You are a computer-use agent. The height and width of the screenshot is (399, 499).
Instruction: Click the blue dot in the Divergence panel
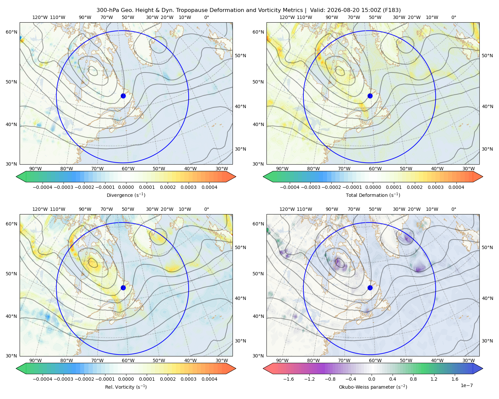tap(123, 96)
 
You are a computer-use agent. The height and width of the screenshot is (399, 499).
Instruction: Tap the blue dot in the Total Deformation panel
tap(370, 96)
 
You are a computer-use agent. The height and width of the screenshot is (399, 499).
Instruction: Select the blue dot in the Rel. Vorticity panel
tap(123, 288)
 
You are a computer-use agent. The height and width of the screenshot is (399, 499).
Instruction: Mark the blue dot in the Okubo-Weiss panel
tap(370, 288)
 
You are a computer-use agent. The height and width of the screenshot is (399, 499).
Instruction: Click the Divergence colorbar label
tap(126, 195)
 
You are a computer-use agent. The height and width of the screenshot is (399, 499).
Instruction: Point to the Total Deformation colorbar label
tap(373, 195)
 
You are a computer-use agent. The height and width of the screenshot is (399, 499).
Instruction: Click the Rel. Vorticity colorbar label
tap(126, 387)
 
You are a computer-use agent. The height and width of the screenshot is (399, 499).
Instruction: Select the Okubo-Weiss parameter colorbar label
tap(373, 387)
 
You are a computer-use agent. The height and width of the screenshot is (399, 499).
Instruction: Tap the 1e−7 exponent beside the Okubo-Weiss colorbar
tap(466, 385)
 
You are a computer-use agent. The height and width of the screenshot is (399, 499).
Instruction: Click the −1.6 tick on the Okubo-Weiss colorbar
tap(288, 379)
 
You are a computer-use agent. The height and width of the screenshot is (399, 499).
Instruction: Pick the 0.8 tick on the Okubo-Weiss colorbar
tap(413, 379)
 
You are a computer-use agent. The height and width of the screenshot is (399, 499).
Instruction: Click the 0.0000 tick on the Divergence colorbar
tap(126, 187)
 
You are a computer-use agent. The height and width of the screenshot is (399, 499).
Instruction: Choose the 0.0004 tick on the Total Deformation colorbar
tap(456, 187)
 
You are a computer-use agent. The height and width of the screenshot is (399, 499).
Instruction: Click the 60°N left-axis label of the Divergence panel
tap(11, 32)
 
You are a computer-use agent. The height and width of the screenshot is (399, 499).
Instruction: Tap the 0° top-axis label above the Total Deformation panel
tap(453, 17)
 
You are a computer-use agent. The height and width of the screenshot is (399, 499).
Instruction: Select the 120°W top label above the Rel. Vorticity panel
tap(40, 209)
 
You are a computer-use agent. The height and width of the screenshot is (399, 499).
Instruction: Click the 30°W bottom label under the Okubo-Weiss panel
tap(468, 360)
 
